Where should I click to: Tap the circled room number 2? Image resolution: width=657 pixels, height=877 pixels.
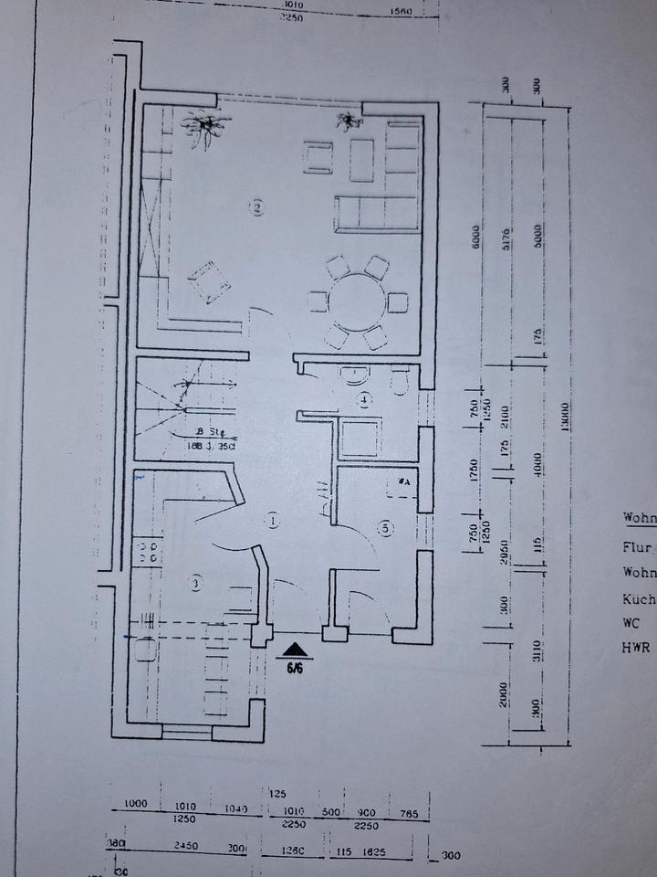click(259, 208)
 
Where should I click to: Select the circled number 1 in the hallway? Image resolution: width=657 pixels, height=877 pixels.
click(272, 521)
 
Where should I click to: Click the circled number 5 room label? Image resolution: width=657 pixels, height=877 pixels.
click(386, 527)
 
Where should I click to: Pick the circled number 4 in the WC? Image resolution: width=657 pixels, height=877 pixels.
click(364, 399)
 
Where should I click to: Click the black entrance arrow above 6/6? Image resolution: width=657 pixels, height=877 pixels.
click(294, 650)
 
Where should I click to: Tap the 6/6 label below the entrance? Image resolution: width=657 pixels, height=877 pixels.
click(295, 668)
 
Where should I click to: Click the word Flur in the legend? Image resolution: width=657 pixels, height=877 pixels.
click(638, 547)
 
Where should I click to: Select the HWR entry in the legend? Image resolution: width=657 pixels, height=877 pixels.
click(638, 647)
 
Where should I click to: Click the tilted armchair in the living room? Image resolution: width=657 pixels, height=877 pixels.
click(209, 280)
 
